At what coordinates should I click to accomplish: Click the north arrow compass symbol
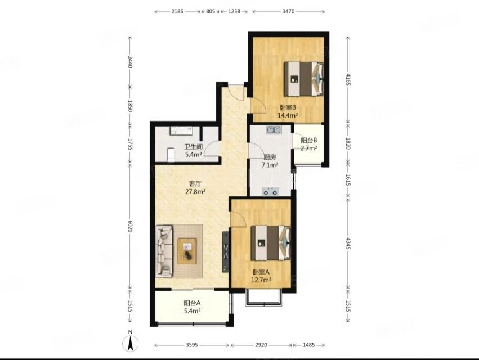click(130, 343)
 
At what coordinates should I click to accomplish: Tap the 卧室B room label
click(288, 107)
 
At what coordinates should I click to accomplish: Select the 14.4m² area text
click(288, 115)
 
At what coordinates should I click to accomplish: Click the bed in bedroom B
click(303, 79)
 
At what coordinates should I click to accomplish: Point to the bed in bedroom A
click(271, 243)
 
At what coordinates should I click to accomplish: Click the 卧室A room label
click(261, 272)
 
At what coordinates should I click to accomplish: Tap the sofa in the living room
click(164, 251)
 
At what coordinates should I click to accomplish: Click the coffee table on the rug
click(187, 251)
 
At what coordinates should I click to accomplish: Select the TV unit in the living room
click(225, 251)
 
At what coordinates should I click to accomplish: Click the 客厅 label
click(195, 184)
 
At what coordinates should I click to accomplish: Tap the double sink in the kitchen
click(274, 130)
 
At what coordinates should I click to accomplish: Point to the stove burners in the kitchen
click(271, 191)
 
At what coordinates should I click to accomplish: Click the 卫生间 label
click(194, 147)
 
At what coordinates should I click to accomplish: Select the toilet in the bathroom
click(171, 155)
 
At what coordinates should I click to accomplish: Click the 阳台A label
click(192, 303)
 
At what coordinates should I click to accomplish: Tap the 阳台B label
click(308, 141)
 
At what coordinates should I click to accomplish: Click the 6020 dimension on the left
click(130, 226)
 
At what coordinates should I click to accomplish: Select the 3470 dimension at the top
click(288, 12)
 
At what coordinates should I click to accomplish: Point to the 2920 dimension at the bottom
click(261, 345)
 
